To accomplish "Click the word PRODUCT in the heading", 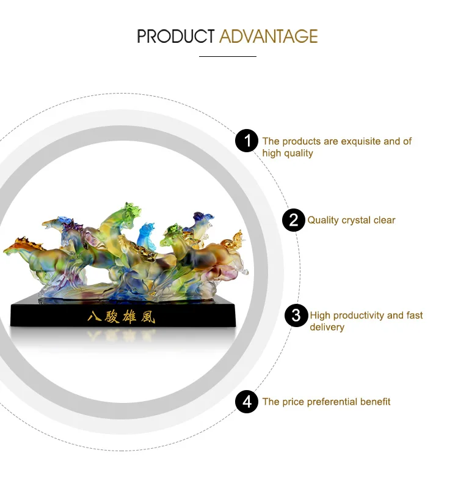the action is [176, 36].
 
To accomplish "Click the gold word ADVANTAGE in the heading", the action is [269, 36].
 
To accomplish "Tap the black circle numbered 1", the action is [247, 141].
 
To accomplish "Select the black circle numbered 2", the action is [294, 220].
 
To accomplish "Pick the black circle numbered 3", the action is [296, 315].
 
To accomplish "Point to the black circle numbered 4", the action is [247, 402].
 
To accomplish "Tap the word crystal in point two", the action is [356, 221].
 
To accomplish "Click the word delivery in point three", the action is [327, 327].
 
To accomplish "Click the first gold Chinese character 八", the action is [94, 317].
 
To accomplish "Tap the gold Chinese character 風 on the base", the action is [148, 317].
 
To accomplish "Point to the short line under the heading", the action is [228, 56].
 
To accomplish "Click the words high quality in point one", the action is [288, 153].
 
